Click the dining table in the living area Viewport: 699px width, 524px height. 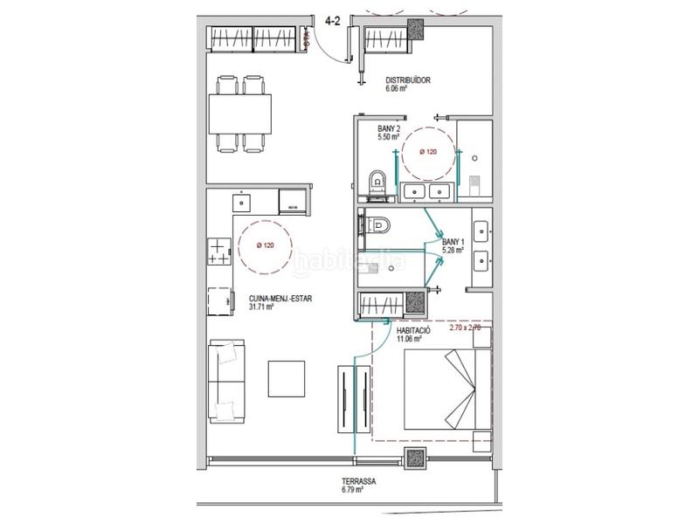239,113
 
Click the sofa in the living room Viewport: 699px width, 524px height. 226,382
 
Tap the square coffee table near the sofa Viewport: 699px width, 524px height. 286,376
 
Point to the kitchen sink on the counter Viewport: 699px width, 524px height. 241,203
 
